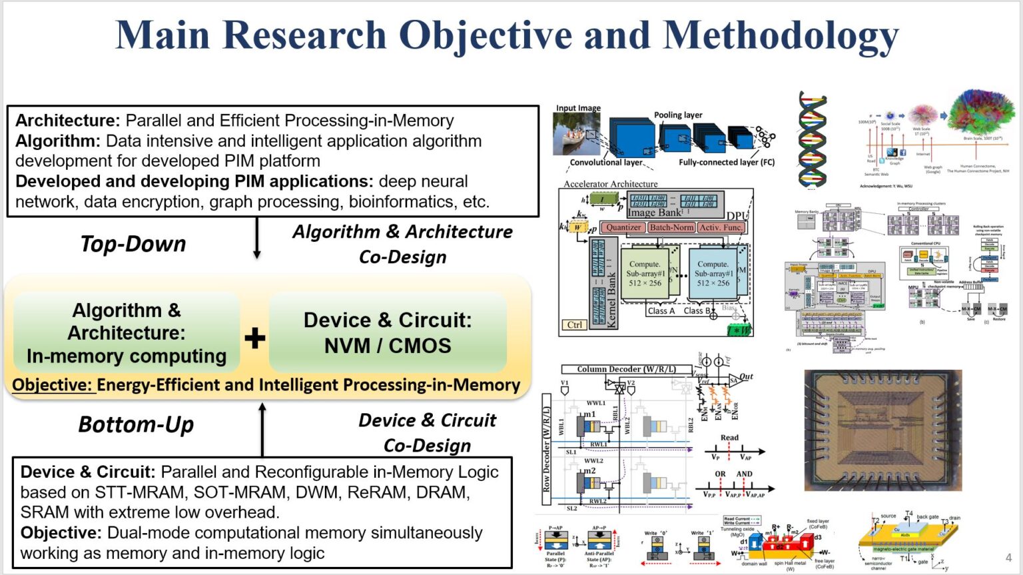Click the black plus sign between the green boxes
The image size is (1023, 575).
254,338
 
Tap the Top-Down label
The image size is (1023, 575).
133,244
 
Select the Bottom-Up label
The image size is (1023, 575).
136,424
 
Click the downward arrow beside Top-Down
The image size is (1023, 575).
257,239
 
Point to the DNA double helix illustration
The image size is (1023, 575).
813,141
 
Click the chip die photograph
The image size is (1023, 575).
882,430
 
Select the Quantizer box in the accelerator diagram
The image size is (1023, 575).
623,227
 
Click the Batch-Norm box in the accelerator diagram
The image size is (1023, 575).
671,227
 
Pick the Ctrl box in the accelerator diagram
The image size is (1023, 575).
574,324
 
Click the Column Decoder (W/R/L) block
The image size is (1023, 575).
626,369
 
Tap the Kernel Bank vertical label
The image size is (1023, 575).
611,300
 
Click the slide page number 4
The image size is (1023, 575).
1008,558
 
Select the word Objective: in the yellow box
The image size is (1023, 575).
53,385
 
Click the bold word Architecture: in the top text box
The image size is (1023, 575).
67,121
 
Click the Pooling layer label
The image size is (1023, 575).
678,115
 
